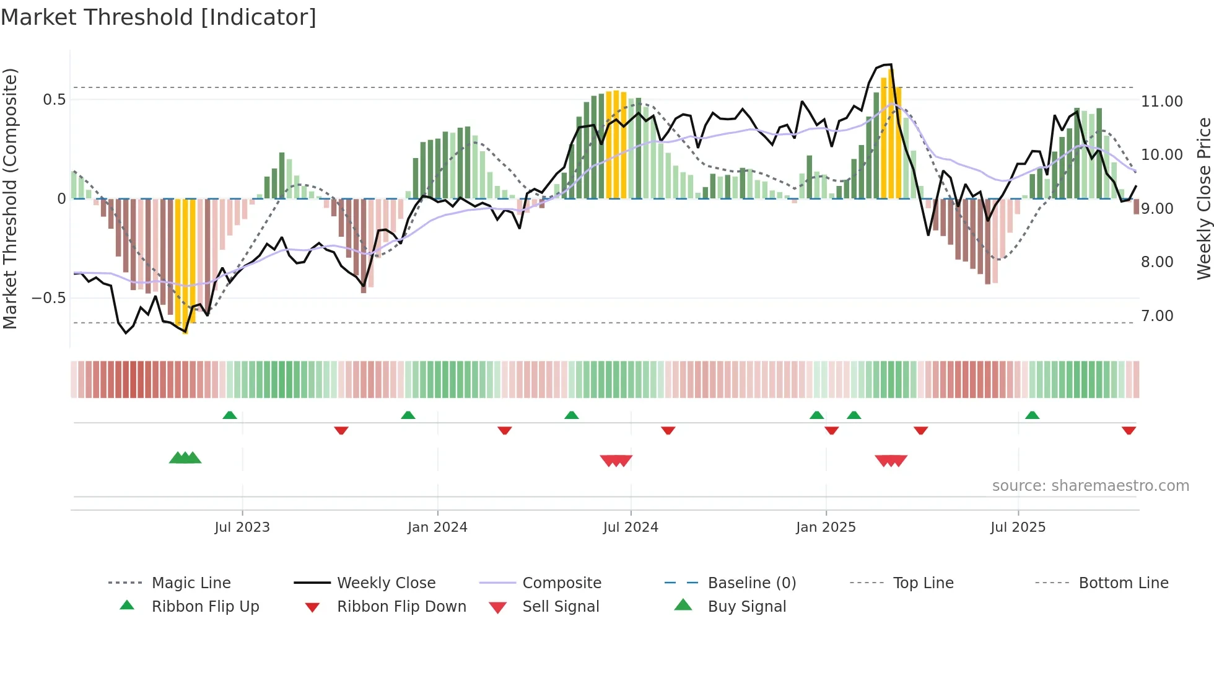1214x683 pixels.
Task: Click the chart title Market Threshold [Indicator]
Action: [159, 17]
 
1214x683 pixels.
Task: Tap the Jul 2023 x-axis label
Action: [242, 527]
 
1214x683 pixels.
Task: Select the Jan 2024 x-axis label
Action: [437, 527]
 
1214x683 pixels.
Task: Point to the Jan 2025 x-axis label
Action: [826, 527]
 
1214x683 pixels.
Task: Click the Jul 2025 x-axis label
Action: [1018, 527]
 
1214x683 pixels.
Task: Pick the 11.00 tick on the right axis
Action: [1161, 102]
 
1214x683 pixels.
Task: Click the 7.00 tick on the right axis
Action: [1157, 316]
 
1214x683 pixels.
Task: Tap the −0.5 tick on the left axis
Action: [49, 298]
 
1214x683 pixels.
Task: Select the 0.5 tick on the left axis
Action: [55, 100]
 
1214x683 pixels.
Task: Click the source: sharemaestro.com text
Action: [1090, 486]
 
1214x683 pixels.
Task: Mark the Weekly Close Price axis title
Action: [1203, 198]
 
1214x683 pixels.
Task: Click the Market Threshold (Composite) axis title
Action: [10, 198]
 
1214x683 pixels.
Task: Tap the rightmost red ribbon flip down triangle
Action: [1129, 430]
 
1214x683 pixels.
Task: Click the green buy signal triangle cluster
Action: [185, 458]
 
